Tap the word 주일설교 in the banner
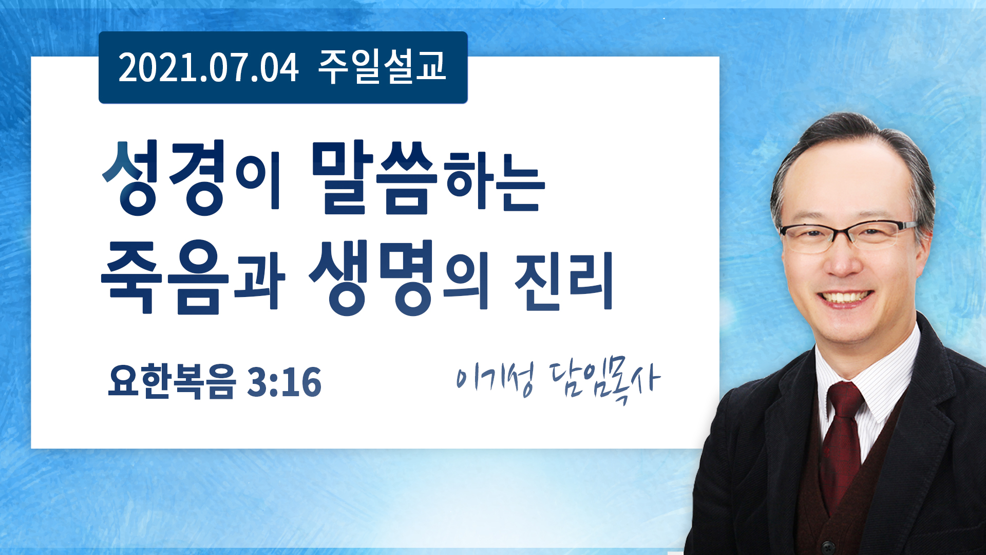[382, 67]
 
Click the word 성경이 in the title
[191, 178]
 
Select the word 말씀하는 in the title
[428, 178]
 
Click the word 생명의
[399, 277]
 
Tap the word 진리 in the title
[564, 281]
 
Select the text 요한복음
[172, 381]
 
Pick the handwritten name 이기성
[495, 379]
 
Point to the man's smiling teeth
[845, 298]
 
